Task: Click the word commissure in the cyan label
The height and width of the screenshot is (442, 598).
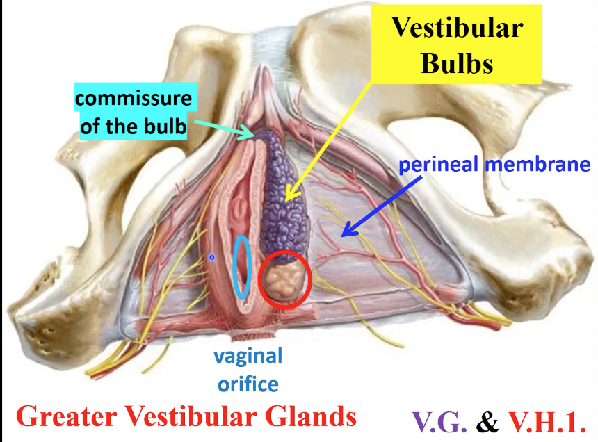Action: click(x=133, y=97)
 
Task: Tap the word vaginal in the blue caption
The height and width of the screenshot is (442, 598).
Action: click(x=248, y=357)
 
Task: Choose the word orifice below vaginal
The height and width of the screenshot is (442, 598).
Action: click(x=248, y=384)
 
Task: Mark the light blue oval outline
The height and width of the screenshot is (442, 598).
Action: click(x=241, y=265)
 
